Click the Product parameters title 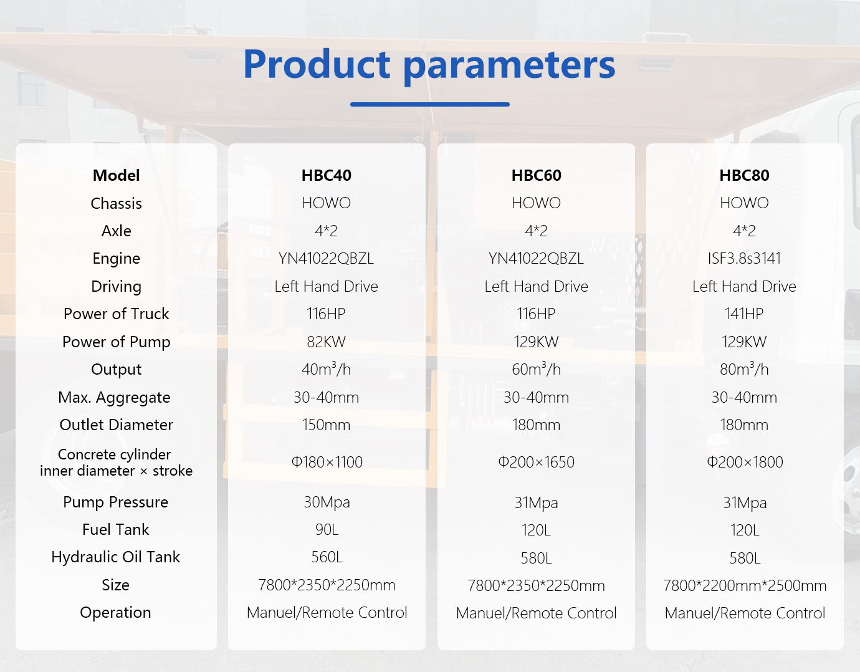[429, 65]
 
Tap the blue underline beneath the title [430, 105]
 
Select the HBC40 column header [327, 175]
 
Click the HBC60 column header [537, 175]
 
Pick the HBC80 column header [745, 175]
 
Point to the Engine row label [117, 259]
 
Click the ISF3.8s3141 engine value [745, 259]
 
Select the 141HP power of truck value [744, 314]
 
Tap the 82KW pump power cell [327, 342]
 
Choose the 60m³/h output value [537, 369]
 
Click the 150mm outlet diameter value [327, 425]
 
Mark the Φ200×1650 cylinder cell [537, 463]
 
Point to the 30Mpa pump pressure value [327, 503]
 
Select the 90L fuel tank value [327, 529]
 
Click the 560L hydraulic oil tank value [327, 557]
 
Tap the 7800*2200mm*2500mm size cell [745, 586]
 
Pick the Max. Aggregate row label [115, 398]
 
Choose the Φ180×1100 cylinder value [327, 463]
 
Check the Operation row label [115, 613]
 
